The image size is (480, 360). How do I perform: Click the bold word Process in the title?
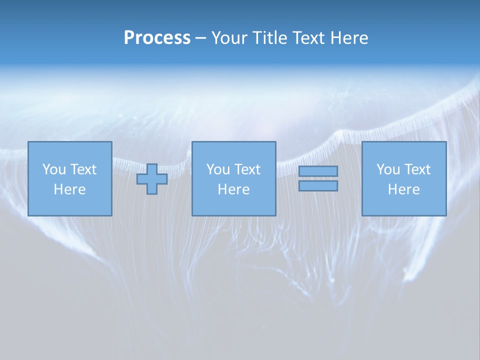(x=157, y=38)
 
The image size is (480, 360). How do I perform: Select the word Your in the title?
(x=229, y=38)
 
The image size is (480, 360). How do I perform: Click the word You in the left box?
(x=54, y=169)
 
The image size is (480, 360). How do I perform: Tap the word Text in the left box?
(x=82, y=169)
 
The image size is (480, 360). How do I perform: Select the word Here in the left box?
(x=69, y=189)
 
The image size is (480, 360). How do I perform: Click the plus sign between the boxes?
(x=152, y=179)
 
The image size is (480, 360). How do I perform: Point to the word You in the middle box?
(x=218, y=169)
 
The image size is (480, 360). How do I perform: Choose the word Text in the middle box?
(x=246, y=169)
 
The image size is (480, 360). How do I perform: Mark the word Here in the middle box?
(x=233, y=189)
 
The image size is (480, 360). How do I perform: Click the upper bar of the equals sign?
(x=318, y=171)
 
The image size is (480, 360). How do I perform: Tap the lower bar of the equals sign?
(x=318, y=186)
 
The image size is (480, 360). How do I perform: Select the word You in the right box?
(x=388, y=169)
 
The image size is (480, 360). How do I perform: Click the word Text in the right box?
(x=416, y=169)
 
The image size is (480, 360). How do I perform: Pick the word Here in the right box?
(x=403, y=189)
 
